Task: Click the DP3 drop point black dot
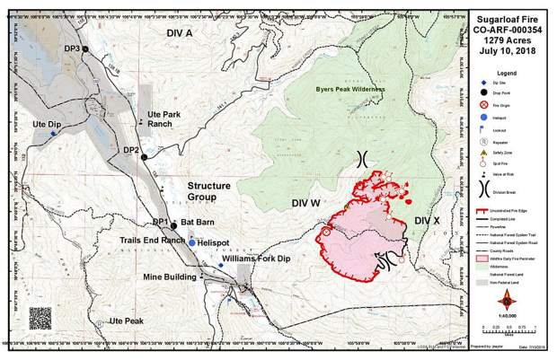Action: pyautogui.click(x=85, y=48)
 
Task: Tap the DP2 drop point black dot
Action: pyautogui.click(x=144, y=156)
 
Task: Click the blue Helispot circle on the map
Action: pyautogui.click(x=192, y=242)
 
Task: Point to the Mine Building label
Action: pyautogui.click(x=169, y=277)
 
